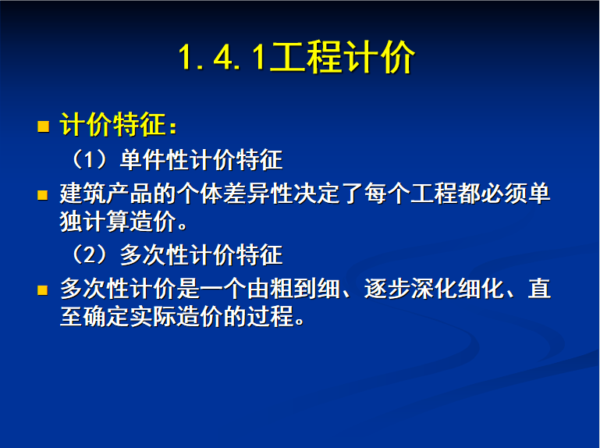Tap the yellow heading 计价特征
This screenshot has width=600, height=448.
pyautogui.click(x=112, y=124)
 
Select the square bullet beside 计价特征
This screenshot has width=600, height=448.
pyautogui.click(x=43, y=126)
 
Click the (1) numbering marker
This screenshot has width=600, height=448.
pyautogui.click(x=89, y=159)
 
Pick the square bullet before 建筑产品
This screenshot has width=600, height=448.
pyautogui.click(x=42, y=195)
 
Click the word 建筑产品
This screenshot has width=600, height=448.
pyautogui.click(x=106, y=194)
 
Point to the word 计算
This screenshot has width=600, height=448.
pyautogui.click(x=106, y=222)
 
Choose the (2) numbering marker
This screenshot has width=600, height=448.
pyautogui.click(x=89, y=254)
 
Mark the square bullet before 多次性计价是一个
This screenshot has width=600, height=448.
pyautogui.click(x=42, y=290)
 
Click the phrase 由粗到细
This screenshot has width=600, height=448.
pyautogui.click(x=293, y=288)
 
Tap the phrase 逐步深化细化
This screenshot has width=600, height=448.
pyautogui.click(x=433, y=288)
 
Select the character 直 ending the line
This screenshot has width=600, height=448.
pyautogui.click(x=539, y=288)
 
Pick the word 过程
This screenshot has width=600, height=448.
pyautogui.click(x=270, y=316)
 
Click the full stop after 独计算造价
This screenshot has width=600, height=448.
pyautogui.click(x=183, y=226)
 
